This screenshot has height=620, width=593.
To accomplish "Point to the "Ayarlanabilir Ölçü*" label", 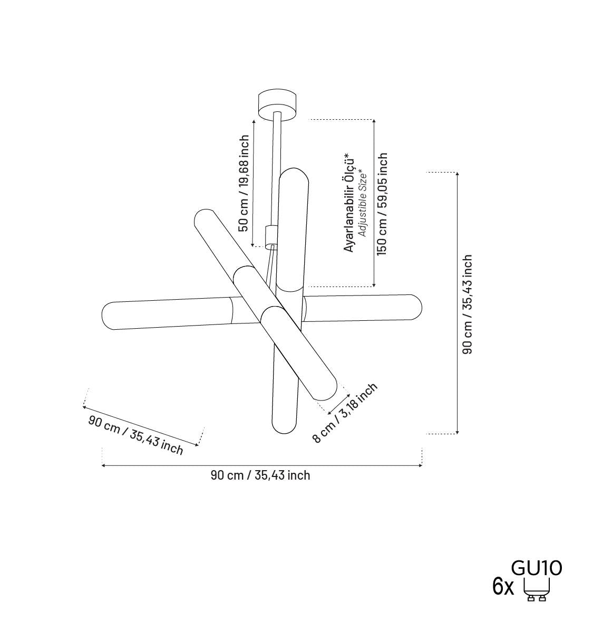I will (349, 202).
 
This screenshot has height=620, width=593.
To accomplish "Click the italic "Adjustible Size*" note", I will (362, 204).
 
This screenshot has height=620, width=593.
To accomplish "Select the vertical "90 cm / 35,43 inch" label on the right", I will (467, 304).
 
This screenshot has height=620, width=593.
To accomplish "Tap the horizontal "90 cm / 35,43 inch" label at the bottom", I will (260, 475).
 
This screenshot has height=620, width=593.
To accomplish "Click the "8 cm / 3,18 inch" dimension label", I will (345, 413).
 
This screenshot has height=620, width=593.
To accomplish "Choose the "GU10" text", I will (537, 568).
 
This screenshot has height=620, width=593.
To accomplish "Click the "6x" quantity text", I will (503, 587).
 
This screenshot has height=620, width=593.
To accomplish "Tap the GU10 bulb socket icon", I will (537, 589).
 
